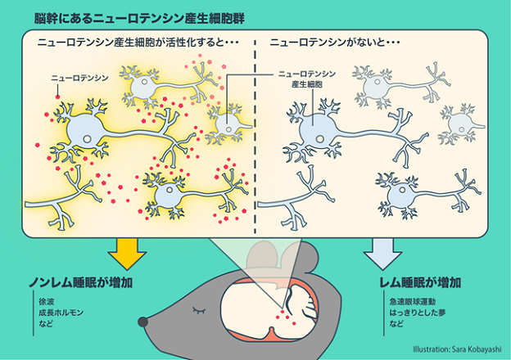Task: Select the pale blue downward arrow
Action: [x=378, y=251]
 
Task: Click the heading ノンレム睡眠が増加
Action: [x=81, y=283]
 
